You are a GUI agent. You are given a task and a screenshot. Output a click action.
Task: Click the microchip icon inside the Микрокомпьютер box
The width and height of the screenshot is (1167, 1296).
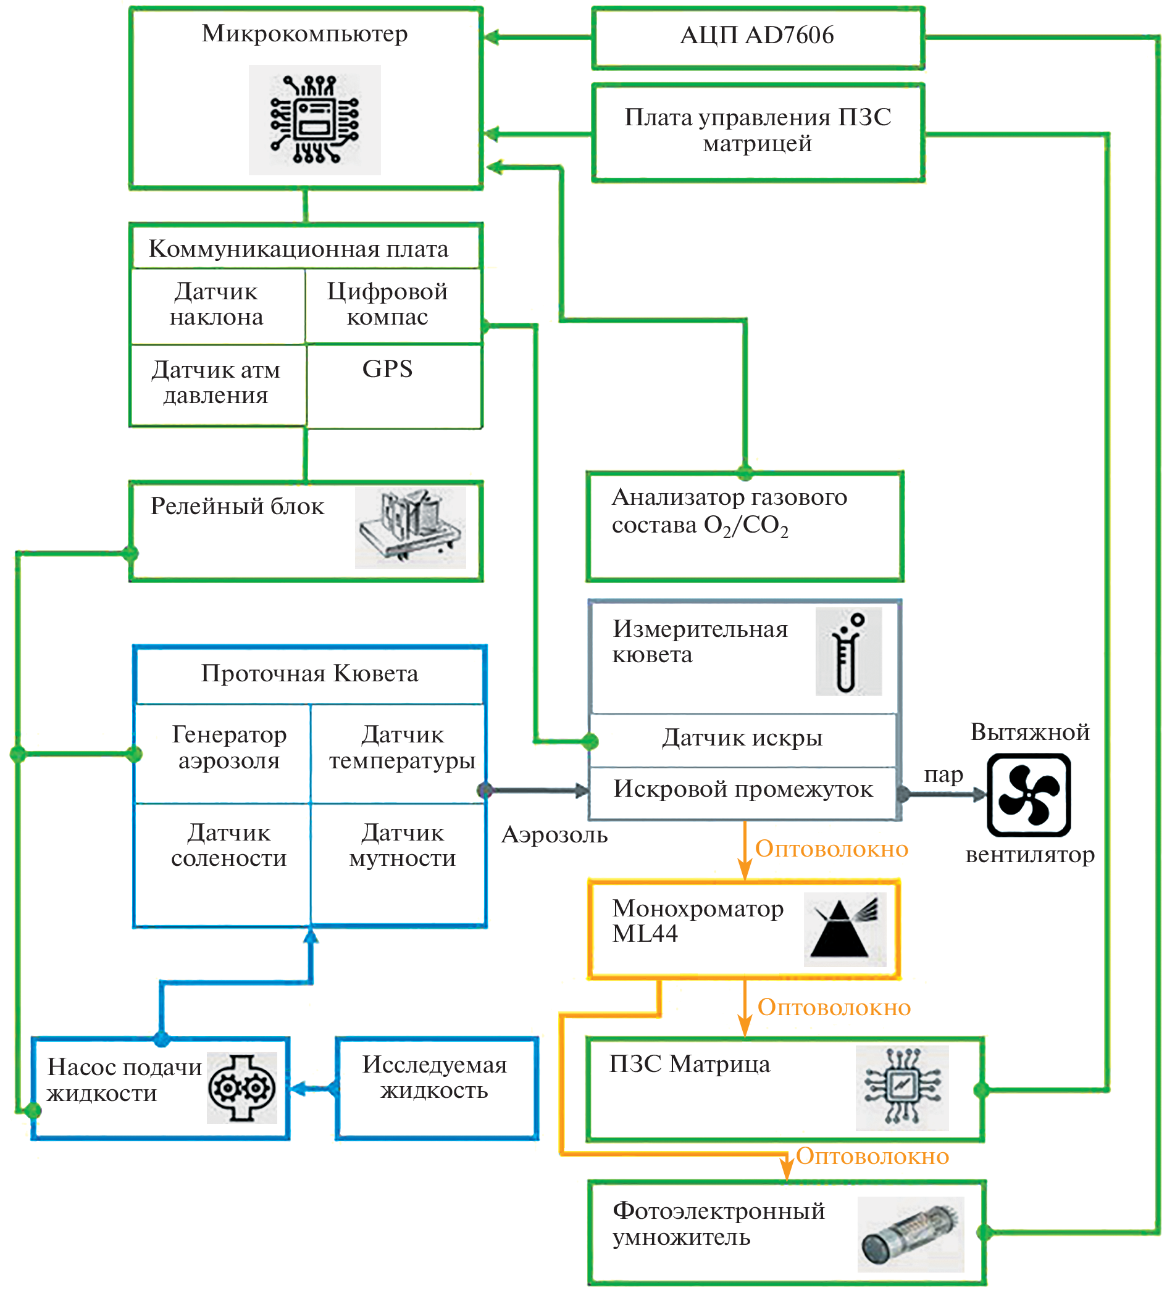point(314,119)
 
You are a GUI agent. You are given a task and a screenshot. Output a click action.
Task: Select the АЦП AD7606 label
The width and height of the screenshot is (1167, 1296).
point(756,35)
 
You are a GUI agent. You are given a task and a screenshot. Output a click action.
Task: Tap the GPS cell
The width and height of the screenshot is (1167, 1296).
point(387,369)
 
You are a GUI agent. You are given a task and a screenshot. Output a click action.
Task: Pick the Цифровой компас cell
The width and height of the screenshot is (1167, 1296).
point(387,304)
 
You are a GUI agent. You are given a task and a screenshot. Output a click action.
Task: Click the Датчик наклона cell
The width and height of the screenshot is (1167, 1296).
point(217,304)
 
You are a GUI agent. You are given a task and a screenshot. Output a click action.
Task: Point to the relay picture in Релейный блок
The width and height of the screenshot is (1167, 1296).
point(411,528)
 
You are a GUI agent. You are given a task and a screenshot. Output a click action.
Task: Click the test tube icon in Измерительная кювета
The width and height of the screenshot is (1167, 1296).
point(848,652)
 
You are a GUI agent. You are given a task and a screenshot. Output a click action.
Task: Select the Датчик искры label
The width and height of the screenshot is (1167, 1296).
point(742,738)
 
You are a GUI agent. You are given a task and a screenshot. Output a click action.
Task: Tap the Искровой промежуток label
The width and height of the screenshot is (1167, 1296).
point(743,789)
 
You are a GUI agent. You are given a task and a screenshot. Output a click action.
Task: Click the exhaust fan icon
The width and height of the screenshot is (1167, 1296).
point(1029,795)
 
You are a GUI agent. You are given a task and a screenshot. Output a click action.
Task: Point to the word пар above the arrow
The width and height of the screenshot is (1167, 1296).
point(943,775)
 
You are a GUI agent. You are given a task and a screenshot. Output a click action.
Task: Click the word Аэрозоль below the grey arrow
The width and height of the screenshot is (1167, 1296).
point(554,834)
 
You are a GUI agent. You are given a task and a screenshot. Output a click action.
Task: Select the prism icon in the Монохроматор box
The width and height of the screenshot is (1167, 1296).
point(845,929)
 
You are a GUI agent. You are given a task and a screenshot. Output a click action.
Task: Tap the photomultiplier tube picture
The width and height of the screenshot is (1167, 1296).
point(910,1234)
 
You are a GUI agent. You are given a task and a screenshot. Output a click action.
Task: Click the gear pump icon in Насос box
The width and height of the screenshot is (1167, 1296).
point(242,1087)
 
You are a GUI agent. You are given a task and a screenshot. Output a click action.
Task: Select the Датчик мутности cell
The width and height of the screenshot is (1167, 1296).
point(402,845)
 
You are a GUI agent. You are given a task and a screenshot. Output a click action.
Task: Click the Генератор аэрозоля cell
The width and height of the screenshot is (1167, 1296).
point(229,747)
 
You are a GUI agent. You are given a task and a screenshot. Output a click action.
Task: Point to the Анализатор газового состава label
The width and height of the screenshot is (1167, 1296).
point(729,511)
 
